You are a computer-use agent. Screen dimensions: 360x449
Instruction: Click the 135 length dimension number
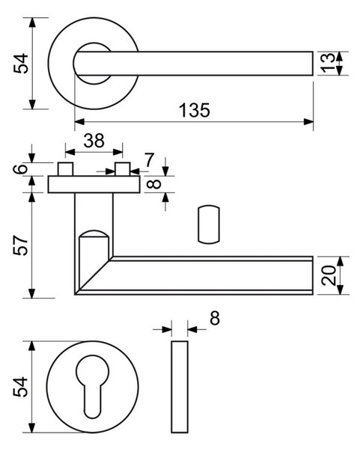[195, 110]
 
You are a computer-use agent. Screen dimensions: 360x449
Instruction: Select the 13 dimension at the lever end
[327, 64]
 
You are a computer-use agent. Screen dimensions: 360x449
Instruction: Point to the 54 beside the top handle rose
[21, 64]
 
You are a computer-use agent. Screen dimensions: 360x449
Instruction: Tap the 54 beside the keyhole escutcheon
[21, 387]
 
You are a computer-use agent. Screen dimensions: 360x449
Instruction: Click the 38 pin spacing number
[94, 141]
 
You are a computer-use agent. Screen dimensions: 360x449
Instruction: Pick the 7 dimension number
[149, 160]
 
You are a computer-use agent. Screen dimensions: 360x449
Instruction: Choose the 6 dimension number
[21, 168]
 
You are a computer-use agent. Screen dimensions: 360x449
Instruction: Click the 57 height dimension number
[21, 245]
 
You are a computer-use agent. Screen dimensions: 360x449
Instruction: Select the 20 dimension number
[329, 275]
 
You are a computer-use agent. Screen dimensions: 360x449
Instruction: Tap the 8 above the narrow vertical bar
[215, 318]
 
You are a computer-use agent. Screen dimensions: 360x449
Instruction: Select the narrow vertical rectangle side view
[180, 387]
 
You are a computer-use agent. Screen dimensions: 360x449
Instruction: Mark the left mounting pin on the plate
[65, 169]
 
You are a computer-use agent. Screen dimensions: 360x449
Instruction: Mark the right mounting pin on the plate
[123, 169]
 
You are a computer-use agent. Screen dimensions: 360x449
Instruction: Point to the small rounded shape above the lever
[209, 224]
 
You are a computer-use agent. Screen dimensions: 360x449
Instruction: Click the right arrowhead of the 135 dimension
[308, 122]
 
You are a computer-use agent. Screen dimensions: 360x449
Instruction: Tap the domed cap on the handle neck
[94, 233]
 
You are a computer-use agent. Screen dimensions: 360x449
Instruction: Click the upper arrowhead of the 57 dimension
[31, 198]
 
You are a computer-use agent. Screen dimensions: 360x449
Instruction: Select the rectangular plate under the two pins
[94, 184]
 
